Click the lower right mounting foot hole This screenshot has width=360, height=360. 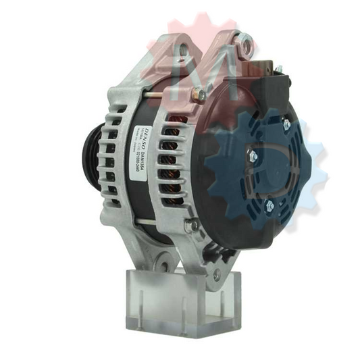click(x=216, y=273)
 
